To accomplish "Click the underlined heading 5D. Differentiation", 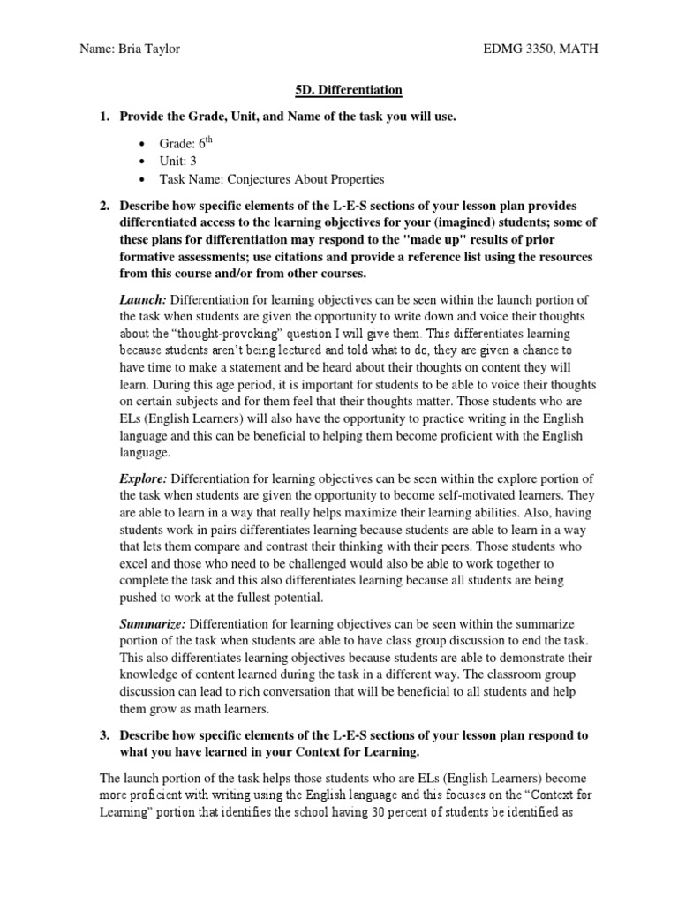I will point(347,90).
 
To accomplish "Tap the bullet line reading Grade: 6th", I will point(182,142).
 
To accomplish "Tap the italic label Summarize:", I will point(153,624).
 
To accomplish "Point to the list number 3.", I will point(104,734).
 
